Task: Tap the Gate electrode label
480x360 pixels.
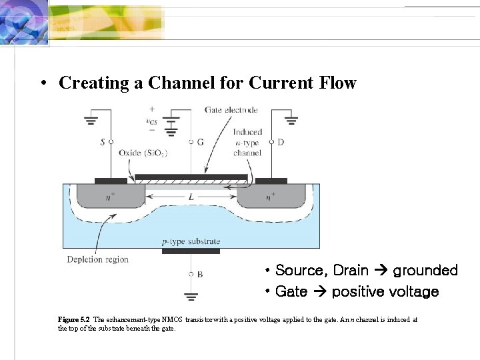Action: click(231, 110)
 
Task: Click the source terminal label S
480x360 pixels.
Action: click(103, 142)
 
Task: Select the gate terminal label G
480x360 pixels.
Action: click(201, 142)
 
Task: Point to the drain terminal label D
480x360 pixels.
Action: click(280, 142)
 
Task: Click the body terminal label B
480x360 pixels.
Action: click(200, 274)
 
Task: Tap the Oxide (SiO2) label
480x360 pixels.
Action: click(143, 153)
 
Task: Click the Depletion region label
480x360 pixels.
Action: click(97, 259)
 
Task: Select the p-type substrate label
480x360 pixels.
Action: click(191, 241)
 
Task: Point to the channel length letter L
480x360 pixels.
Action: click(191, 198)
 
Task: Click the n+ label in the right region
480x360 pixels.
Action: click(269, 197)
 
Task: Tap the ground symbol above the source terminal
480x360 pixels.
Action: click(91, 122)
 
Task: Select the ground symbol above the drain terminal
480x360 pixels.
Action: click(291, 122)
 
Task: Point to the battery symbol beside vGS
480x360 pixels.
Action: click(172, 123)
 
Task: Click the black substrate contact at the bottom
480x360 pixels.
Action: click(191, 251)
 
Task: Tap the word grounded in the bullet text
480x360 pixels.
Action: click(425, 271)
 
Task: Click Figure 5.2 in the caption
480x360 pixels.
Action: click(74, 320)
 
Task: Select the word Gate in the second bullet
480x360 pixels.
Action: click(291, 292)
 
